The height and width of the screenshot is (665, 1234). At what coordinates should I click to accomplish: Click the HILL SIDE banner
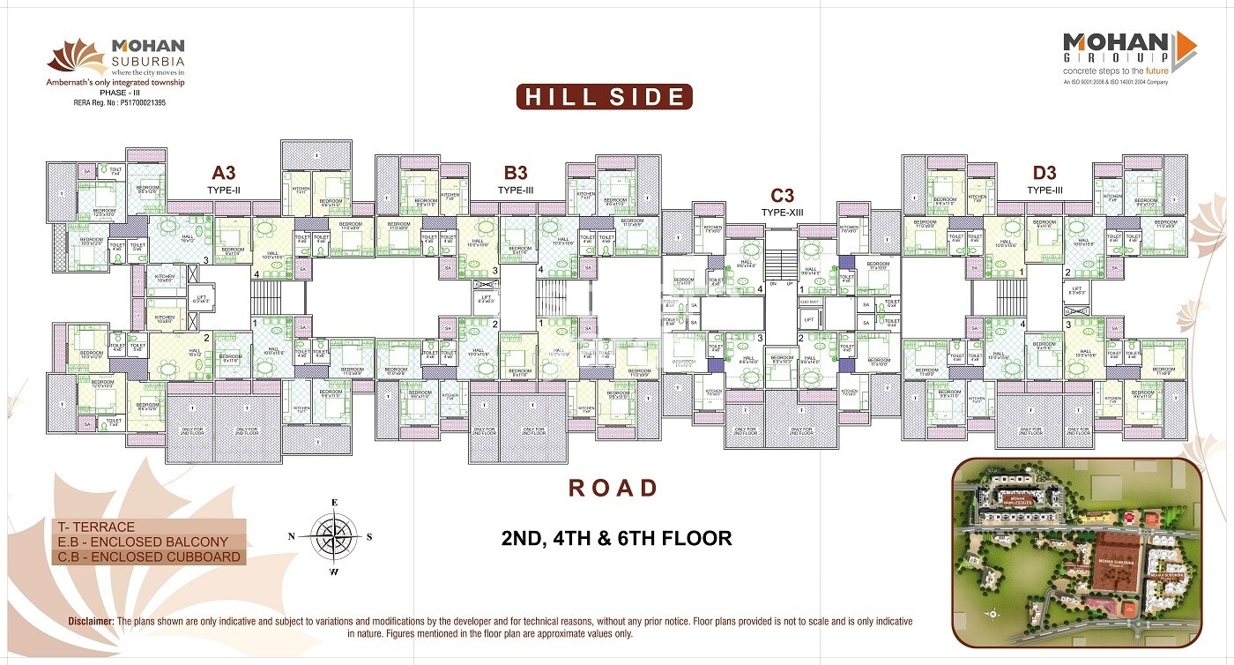click(x=604, y=96)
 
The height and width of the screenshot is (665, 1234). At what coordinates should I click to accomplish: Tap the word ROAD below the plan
click(x=613, y=488)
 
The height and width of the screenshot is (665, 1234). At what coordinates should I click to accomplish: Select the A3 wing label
click(x=223, y=173)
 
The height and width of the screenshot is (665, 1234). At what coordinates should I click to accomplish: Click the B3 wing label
click(x=516, y=173)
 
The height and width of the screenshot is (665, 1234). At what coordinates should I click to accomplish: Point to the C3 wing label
click(x=783, y=196)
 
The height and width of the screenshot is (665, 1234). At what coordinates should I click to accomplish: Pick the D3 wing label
click(x=1044, y=173)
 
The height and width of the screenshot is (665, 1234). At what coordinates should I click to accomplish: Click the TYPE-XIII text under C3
click(x=783, y=213)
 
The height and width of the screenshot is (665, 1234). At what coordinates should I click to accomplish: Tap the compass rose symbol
click(x=334, y=536)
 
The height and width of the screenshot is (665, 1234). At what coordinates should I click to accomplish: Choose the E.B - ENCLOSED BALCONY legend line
click(x=141, y=542)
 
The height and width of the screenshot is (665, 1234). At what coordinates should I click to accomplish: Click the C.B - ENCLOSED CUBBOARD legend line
click(x=147, y=557)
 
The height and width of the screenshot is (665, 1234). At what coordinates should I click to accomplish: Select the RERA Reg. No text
click(x=119, y=103)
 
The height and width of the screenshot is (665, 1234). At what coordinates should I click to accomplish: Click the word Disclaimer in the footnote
click(x=92, y=622)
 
